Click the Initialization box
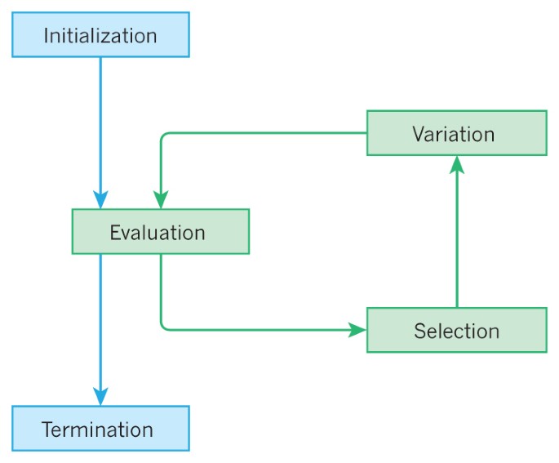pos(100,35)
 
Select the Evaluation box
pos(160,232)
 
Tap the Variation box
pos(456,133)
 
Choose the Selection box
pos(456,331)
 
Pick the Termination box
pos(100,429)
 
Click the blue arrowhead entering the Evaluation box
pos(100,200)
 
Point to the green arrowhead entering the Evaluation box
pos(161,200)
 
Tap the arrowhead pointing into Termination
pos(100,397)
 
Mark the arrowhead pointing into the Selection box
pos(357,330)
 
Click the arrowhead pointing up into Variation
pos(457,164)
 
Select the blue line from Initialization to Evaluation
pos(100,122)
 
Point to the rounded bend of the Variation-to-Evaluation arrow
pos(163,136)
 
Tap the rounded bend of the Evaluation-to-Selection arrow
pos(163,327)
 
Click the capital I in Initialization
pos(46,36)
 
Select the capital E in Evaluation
pos(115,233)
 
